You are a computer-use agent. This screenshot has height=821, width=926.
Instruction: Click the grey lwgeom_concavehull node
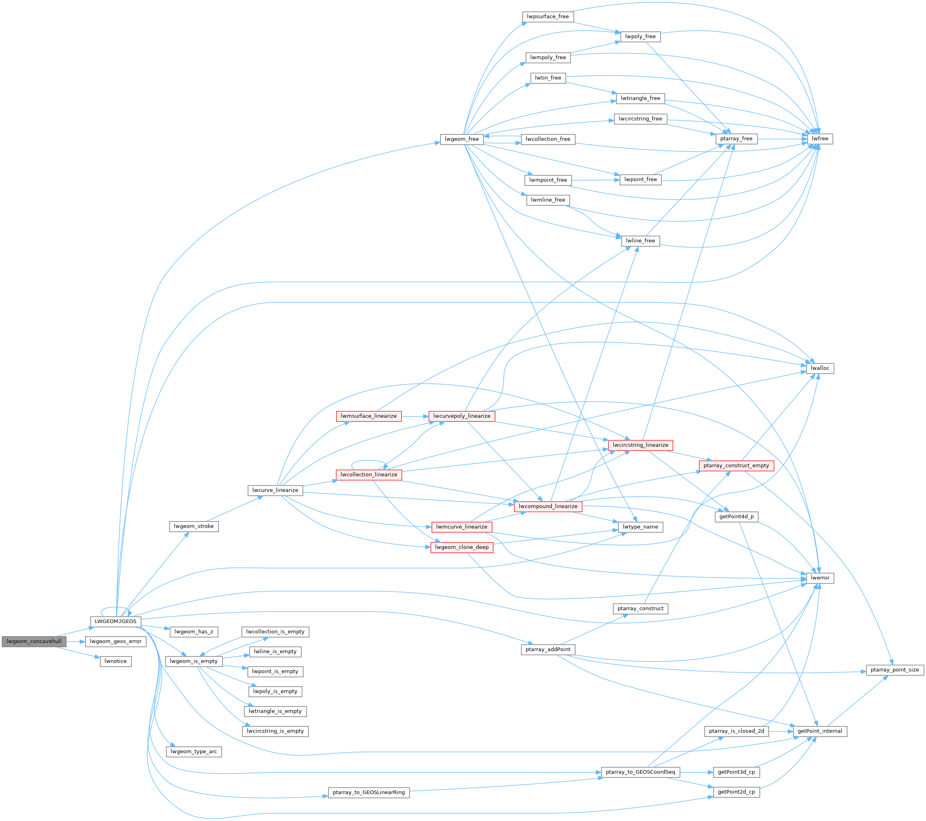tap(34, 641)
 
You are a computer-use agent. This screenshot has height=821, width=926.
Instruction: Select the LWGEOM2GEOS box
tap(116, 621)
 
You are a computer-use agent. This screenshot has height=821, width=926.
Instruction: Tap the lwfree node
tap(820, 139)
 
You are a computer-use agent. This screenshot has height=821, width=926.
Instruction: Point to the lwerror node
tap(820, 578)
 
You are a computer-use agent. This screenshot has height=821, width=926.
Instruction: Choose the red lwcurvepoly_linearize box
tap(461, 416)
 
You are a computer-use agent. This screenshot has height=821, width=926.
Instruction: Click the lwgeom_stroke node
tap(194, 526)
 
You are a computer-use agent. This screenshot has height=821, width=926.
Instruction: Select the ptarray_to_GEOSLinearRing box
tap(368, 792)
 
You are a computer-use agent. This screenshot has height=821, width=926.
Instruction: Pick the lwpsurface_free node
tap(548, 16)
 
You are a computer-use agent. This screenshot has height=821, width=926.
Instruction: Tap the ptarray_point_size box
tap(894, 670)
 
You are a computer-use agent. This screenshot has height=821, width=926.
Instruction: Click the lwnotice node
tap(116, 661)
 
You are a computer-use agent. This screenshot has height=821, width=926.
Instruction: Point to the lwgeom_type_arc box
tap(194, 752)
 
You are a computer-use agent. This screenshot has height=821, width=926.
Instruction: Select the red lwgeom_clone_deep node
tap(462, 547)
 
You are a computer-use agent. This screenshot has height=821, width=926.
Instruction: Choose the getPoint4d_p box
tap(736, 517)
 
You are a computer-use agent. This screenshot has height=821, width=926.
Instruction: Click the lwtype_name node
tap(640, 527)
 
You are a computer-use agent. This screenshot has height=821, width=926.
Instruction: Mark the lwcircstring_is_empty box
tap(275, 731)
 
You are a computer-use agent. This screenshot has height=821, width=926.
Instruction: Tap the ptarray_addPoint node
tap(548, 649)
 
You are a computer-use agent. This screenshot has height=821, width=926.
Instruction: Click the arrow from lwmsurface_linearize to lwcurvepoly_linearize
tap(414, 416)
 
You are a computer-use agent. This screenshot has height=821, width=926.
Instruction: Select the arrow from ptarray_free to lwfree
tap(782, 139)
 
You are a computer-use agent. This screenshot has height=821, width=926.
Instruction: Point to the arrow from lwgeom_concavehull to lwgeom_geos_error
tap(75, 642)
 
